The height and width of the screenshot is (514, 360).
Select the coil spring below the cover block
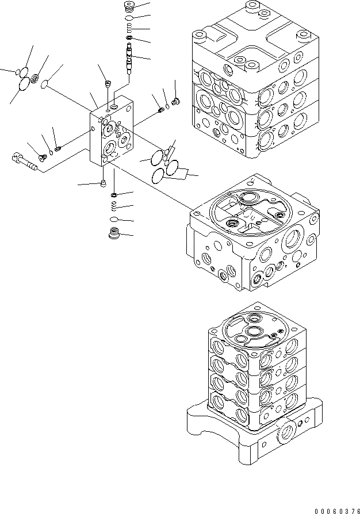pyautogui.click(x=114, y=205)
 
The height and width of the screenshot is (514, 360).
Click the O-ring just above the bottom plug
pyautogui.click(x=114, y=220)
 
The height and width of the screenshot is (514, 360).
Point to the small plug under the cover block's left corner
pyautogui.click(x=103, y=183)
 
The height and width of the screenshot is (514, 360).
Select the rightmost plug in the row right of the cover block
pyautogui.click(x=177, y=102)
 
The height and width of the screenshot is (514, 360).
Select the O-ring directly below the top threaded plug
pyautogui.click(x=131, y=19)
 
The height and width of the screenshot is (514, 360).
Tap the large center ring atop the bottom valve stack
pyautogui.click(x=254, y=332)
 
